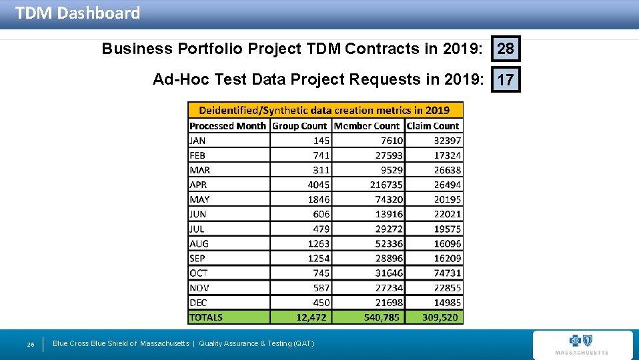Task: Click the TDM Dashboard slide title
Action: [x=77, y=13]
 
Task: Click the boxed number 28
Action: [x=506, y=49]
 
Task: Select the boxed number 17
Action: [x=506, y=80]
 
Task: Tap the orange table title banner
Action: [x=325, y=110]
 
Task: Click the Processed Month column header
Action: [x=227, y=125]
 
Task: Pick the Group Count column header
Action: [x=300, y=125]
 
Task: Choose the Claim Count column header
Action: [x=433, y=125]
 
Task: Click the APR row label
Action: [x=199, y=185]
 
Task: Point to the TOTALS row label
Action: [x=206, y=317]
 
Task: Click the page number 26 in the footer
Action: [x=31, y=344]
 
